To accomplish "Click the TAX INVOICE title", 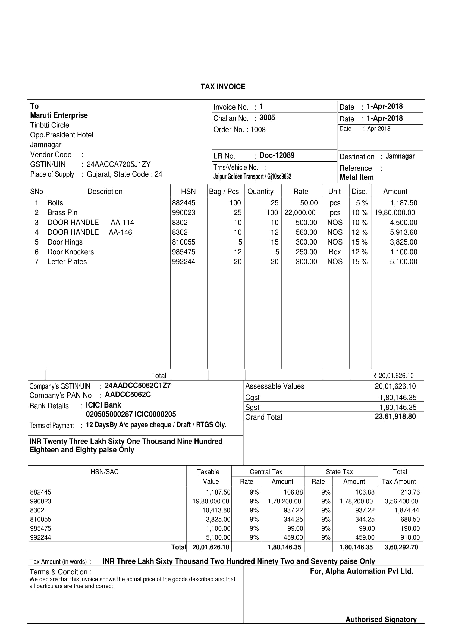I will tap(223, 87).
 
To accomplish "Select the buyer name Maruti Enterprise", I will tap(59, 115).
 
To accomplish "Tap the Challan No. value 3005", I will tap(267, 118).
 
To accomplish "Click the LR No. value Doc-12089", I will tap(277, 155).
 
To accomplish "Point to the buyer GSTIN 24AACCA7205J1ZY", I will tap(119, 164).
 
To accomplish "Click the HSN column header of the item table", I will tap(188, 191).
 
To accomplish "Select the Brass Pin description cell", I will tap(62, 213).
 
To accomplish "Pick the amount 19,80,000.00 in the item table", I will tap(394, 213).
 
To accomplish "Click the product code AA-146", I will tap(120, 232).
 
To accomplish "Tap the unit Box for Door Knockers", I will tap(335, 252).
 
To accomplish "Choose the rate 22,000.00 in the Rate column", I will tap(300, 213).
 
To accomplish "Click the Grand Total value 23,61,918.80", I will tap(395, 417).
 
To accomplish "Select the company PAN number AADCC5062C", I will tap(128, 395).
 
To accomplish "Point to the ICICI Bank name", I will tap(103, 405).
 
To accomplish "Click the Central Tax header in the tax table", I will tap(266, 472).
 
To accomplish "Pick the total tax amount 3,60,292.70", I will tap(401, 547).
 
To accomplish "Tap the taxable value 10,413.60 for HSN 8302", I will tap(216, 510).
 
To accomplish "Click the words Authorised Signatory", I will tap(381, 620).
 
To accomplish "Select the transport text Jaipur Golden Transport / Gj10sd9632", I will tap(252, 177).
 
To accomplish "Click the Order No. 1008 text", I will tap(239, 130).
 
